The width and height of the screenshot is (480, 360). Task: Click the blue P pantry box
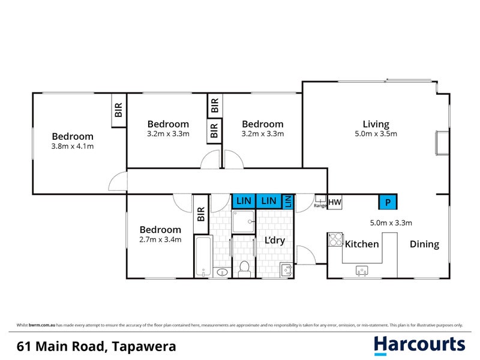[388, 202]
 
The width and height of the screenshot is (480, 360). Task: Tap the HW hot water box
[334, 202]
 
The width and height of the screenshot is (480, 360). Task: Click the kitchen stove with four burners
[334, 239]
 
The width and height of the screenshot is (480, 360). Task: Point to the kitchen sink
[362, 271]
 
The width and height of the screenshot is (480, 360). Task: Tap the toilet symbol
[244, 268]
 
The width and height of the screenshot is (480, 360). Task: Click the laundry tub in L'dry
[286, 269]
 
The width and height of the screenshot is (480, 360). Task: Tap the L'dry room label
[274, 241]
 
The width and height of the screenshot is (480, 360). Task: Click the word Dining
[424, 244]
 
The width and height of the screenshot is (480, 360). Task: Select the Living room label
[376, 124]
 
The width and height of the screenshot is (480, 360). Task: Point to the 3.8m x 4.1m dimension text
[72, 146]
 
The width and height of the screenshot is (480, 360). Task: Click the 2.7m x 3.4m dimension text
[160, 240]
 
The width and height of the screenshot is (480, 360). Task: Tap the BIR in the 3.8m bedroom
[118, 110]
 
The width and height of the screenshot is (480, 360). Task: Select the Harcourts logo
[419, 344]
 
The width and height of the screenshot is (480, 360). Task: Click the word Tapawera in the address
[143, 346]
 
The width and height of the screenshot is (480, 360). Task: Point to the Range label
[320, 206]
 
